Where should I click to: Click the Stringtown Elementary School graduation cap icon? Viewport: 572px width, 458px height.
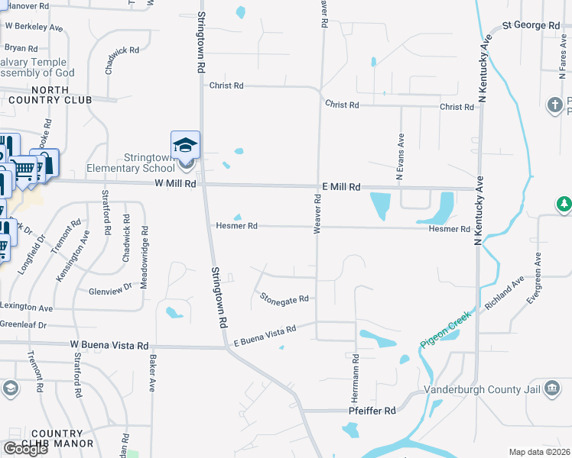(185, 144)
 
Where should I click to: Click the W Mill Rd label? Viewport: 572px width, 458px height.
(175, 184)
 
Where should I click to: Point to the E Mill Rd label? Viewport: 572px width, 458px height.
(340, 187)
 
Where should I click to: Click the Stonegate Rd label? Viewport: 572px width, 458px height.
(284, 298)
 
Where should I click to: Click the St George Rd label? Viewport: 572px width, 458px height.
(531, 26)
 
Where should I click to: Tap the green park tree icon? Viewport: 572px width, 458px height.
(564, 205)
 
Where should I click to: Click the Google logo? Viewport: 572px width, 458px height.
(25, 449)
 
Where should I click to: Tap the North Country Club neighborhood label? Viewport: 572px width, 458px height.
(51, 95)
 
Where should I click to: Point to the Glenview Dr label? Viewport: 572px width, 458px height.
(111, 289)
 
